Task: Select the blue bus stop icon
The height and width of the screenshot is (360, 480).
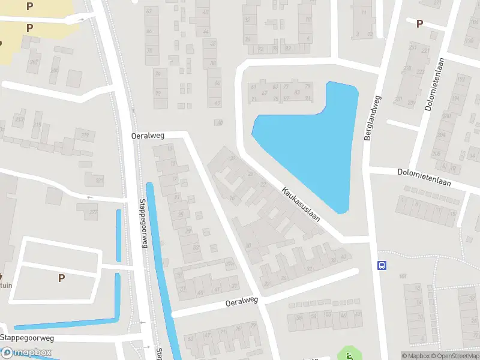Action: click(381, 266)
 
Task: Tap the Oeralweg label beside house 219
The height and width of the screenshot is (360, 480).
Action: click(148, 136)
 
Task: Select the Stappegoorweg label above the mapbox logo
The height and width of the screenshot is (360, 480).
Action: click(27, 338)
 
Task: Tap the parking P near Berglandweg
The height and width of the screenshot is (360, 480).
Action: click(419, 23)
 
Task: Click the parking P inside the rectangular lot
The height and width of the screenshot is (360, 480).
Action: click(61, 278)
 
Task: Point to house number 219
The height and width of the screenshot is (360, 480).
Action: click(85, 136)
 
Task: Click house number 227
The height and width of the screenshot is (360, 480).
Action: click(93, 212)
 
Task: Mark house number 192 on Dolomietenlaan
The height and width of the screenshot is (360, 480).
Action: click(461, 79)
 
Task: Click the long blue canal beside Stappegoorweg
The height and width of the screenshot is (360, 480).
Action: click(162, 270)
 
